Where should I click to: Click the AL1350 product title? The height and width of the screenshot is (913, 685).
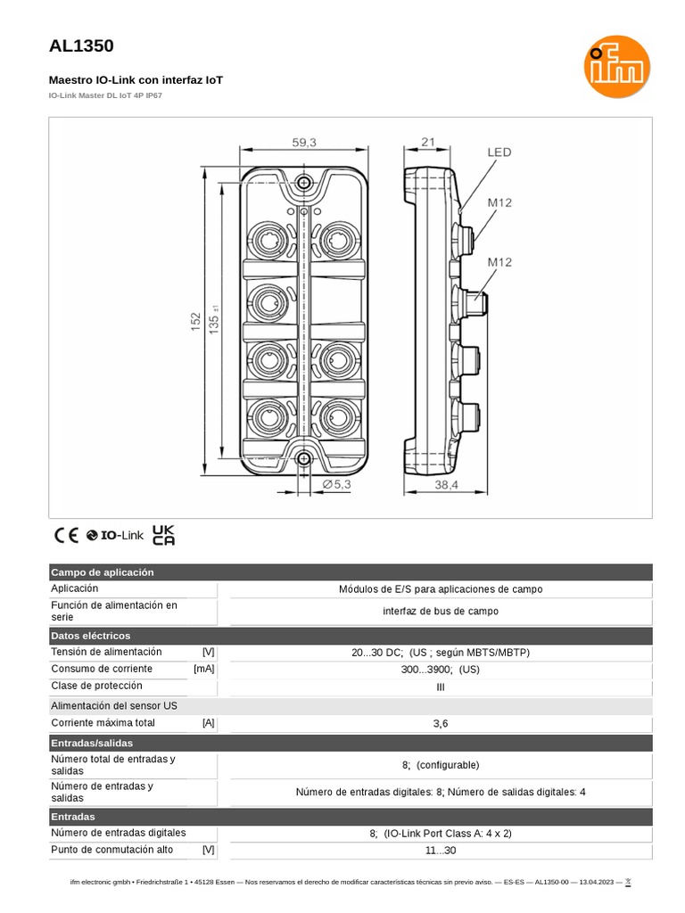pyautogui.click(x=80, y=46)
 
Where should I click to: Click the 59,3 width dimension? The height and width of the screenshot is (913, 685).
pyautogui.click(x=304, y=141)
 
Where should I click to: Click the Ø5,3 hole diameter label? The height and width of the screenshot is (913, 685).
pyautogui.click(x=336, y=484)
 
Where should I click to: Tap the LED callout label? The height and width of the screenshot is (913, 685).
pyautogui.click(x=499, y=152)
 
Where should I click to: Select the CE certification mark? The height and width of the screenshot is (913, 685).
pyautogui.click(x=66, y=535)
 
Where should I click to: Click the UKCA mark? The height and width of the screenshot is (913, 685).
pyautogui.click(x=163, y=534)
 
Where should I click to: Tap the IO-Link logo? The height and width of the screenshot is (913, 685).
pyautogui.click(x=115, y=535)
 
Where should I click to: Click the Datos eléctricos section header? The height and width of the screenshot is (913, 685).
pyautogui.click(x=91, y=636)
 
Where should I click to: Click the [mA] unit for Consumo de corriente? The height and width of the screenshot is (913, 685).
pyautogui.click(x=203, y=669)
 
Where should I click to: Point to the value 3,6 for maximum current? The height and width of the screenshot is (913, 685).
pyautogui.click(x=441, y=723)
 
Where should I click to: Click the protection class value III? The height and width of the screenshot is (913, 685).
pyautogui.click(x=441, y=687)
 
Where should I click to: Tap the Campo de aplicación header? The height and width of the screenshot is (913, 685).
pyautogui.click(x=103, y=572)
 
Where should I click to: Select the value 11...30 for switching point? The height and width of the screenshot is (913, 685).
pyautogui.click(x=441, y=851)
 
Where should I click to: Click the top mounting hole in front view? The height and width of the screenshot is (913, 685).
pyautogui.click(x=304, y=183)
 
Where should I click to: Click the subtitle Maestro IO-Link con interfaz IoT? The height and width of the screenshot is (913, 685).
pyautogui.click(x=136, y=80)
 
